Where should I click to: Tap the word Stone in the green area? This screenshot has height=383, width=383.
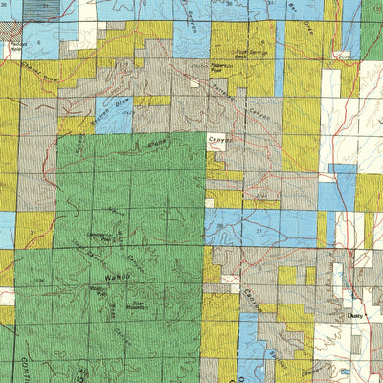pos(157,143)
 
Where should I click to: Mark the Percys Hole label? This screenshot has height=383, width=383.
pos(14,44)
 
